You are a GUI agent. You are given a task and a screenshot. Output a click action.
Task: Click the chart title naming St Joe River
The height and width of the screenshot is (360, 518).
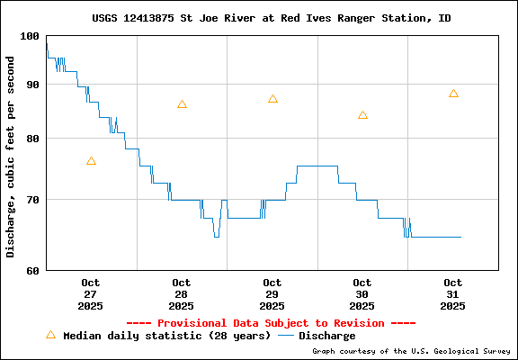(272, 18)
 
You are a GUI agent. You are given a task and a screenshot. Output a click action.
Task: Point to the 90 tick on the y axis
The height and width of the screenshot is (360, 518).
(33, 85)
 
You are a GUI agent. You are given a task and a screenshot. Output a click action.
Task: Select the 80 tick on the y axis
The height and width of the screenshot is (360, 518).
(33, 139)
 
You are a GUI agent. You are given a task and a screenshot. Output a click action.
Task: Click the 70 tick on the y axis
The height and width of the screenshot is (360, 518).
(33, 200)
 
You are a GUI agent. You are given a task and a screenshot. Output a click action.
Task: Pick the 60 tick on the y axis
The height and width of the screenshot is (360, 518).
(33, 270)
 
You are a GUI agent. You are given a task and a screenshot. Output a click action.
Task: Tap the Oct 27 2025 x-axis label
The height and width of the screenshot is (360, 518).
(91, 294)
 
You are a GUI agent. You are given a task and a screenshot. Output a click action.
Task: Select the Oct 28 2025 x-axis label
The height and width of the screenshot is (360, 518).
(182, 294)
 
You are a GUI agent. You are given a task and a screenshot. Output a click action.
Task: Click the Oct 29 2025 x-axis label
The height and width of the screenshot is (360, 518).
(272, 294)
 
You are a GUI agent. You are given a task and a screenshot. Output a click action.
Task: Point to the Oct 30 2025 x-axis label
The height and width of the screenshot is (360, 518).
(362, 294)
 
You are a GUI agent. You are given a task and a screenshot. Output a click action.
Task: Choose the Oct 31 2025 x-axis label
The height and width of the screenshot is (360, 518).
(453, 294)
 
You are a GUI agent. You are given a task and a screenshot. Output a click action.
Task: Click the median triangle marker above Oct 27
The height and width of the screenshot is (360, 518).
(91, 161)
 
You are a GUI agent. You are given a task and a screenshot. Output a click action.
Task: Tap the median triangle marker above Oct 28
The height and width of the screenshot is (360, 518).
(182, 104)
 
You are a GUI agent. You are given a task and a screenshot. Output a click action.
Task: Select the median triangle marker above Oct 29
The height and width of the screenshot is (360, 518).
(272, 99)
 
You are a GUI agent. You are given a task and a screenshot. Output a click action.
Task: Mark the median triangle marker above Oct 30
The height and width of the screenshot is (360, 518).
(362, 115)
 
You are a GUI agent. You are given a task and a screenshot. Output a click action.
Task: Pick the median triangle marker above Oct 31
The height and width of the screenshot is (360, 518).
(453, 94)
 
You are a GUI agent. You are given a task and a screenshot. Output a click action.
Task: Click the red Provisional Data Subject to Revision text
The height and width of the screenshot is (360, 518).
(271, 323)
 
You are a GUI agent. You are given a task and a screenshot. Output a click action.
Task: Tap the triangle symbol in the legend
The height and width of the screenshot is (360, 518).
(50, 335)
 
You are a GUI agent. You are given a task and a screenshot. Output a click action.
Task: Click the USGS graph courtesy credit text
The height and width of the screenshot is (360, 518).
(410, 351)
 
